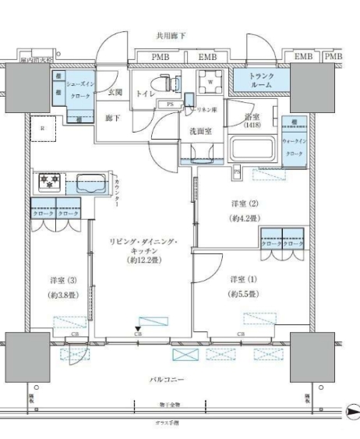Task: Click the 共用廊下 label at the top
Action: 173,36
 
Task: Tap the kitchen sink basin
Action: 94,185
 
